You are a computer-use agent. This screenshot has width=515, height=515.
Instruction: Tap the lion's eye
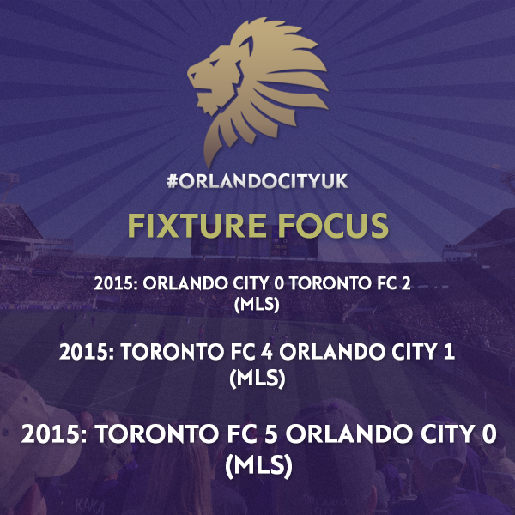(x=214, y=63)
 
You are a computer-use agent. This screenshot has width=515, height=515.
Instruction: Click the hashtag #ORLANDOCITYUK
(x=257, y=181)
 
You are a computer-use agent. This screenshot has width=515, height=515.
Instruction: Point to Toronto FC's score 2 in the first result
(x=406, y=283)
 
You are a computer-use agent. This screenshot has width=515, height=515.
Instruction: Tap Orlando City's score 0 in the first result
(x=278, y=283)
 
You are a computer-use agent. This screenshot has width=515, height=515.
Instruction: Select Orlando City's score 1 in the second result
(x=451, y=352)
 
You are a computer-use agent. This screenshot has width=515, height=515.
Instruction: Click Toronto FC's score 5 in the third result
(x=271, y=434)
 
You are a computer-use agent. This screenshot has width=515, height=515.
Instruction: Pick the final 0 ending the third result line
(x=489, y=434)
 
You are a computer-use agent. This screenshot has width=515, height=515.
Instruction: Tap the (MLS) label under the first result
(x=257, y=305)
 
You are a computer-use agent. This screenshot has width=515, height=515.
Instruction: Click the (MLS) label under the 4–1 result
(x=257, y=378)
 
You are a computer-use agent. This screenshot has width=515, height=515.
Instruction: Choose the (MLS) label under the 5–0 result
(x=258, y=465)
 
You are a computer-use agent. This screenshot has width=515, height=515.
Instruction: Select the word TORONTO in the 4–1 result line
(x=173, y=352)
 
